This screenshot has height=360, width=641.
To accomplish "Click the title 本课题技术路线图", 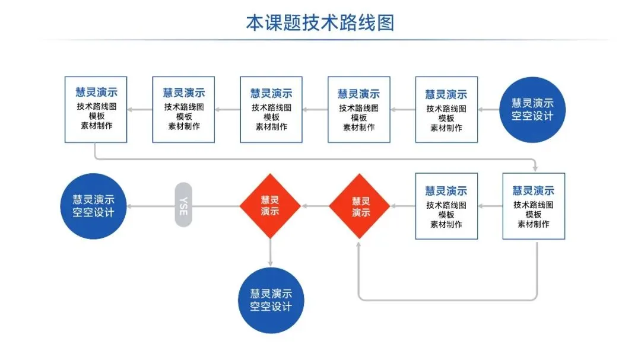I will (x=320, y=23).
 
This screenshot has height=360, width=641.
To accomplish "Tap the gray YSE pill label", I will (x=183, y=205).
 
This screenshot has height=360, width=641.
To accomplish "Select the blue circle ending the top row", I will (x=532, y=110).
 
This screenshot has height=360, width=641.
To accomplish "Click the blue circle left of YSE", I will (x=94, y=205).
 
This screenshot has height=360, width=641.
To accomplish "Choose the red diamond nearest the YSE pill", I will (x=271, y=206).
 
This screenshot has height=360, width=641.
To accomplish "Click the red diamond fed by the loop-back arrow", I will (x=360, y=206).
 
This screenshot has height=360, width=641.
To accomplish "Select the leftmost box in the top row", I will (x=96, y=109).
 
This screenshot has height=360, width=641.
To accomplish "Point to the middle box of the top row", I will (x=271, y=109).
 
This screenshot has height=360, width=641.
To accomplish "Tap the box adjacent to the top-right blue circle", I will (x=446, y=109).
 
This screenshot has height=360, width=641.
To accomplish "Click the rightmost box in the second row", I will (x=534, y=206).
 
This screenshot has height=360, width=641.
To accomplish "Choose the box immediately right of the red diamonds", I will (x=446, y=206).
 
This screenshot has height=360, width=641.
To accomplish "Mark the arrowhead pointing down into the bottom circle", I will (x=271, y=262).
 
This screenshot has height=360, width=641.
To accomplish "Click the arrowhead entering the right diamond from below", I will (x=359, y=244).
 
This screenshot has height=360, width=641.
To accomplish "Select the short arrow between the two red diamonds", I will (x=315, y=206).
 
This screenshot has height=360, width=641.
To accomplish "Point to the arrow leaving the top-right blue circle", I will (x=488, y=110).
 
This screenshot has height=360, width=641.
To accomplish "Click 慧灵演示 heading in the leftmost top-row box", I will (x=96, y=93).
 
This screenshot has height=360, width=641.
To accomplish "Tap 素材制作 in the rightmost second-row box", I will (x=534, y=224).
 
